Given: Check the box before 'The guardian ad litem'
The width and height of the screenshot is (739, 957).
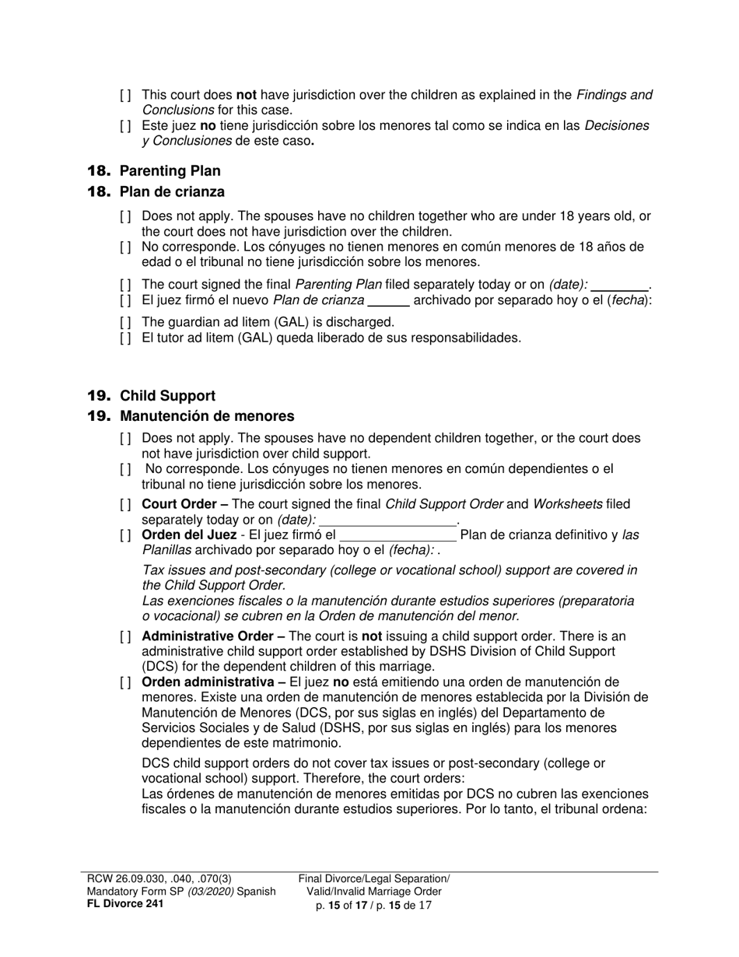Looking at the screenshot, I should tap(126, 322).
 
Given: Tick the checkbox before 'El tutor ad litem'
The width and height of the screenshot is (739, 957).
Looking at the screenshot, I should tap(126, 338).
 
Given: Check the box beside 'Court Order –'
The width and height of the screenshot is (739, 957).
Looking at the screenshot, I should tap(126, 505).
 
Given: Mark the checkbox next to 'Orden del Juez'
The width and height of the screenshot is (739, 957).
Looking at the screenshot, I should tap(126, 535).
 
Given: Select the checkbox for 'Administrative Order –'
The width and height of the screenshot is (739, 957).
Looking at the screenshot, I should tap(126, 636).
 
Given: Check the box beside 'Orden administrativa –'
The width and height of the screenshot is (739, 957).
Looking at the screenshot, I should tap(126, 682).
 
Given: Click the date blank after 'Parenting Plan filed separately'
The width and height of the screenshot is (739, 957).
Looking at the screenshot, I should tap(619, 286).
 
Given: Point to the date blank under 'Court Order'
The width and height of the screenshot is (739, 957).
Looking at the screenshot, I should tap(387, 520).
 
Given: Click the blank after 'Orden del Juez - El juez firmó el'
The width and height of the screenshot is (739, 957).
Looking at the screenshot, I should tap(398, 535).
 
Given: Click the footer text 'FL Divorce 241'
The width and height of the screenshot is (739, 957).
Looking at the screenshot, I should tap(124, 903).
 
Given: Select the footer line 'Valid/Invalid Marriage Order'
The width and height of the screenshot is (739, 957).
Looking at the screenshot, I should tap(374, 892).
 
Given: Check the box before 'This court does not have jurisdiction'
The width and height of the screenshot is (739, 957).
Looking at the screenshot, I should tap(126, 95).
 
